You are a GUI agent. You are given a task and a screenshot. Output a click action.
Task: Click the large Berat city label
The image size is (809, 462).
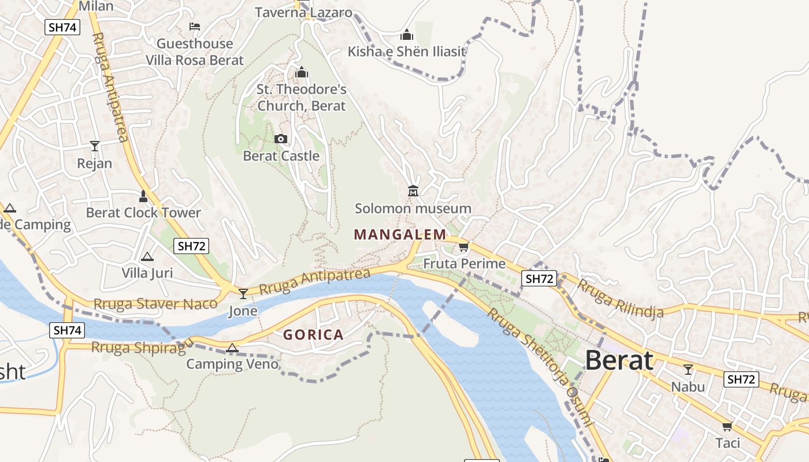point(619,360)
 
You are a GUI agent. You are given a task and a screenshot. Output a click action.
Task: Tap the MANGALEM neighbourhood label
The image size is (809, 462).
point(400,234)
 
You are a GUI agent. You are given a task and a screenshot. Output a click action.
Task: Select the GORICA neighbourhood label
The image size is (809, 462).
point(313,334)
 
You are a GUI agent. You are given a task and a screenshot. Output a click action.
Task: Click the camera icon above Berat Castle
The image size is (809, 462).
point(281,139)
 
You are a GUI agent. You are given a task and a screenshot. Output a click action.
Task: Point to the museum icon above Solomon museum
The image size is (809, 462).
point(413,191)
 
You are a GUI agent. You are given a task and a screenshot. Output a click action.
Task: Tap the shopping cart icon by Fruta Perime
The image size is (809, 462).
point(463,247)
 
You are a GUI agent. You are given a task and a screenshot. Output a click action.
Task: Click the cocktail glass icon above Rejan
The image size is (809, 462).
point(94,146)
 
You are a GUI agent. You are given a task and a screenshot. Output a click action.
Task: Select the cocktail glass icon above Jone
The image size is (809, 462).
point(243,294)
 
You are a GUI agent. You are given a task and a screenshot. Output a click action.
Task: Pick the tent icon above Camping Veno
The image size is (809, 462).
point(232,348)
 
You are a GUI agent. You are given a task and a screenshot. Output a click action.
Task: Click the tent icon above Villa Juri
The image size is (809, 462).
point(147,256)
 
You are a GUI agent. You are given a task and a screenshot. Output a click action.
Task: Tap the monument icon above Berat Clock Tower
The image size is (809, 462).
point(143,196)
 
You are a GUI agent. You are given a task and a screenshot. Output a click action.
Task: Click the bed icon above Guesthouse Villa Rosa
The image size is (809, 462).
point(195,27)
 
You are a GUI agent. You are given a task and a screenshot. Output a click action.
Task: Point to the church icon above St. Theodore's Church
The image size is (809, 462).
point(301,73)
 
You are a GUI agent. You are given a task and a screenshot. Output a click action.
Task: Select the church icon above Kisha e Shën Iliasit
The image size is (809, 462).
point(407,35)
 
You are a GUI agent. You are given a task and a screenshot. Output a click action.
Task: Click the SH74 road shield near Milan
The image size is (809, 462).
point(62,27)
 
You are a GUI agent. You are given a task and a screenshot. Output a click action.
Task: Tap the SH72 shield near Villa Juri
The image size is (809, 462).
point(191,246)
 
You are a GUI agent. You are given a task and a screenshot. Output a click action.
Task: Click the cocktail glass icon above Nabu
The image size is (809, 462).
point(688,369)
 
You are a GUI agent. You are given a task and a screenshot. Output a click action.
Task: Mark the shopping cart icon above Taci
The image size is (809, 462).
point(727,426)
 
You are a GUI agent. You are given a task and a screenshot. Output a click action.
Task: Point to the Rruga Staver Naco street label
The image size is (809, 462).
point(155,303)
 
